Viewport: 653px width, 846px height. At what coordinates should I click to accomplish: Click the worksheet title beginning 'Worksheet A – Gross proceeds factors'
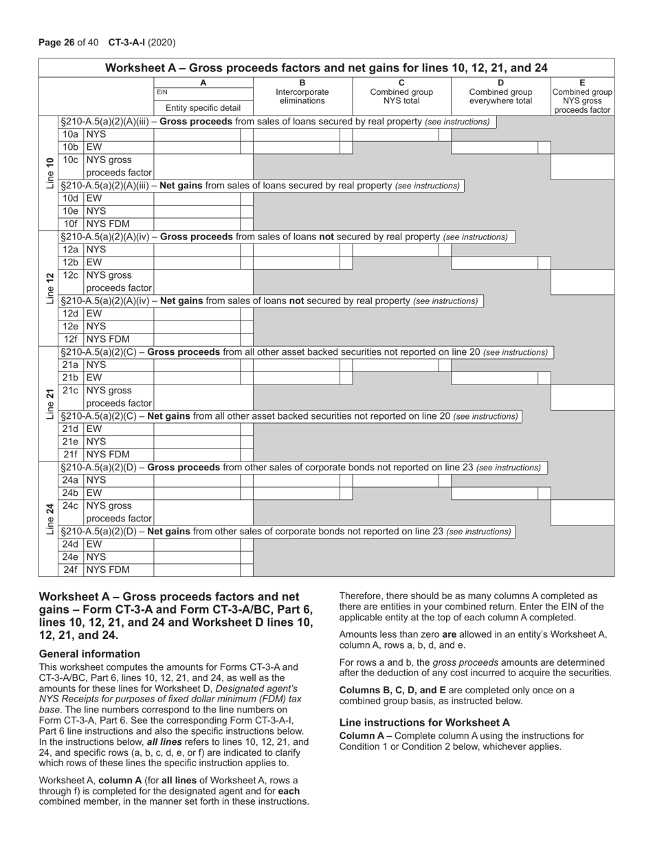click(x=326, y=67)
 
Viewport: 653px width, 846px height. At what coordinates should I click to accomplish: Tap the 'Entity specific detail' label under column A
click(x=203, y=108)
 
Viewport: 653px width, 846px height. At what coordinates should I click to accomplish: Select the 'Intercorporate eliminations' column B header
click(x=302, y=96)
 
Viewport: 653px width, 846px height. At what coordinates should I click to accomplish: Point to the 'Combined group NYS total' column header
click(x=401, y=96)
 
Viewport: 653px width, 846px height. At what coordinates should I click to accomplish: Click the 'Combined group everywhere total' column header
click(x=500, y=96)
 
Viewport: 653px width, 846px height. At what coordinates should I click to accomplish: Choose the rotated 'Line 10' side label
click(x=49, y=173)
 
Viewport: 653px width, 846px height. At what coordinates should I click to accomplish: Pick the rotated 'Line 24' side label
click(x=49, y=519)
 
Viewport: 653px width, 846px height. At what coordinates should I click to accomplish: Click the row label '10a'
click(x=70, y=135)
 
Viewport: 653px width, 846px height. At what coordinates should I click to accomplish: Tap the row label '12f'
click(x=70, y=339)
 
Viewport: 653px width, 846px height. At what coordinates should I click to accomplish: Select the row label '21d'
click(x=70, y=429)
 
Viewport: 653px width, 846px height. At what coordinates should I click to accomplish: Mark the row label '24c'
click(x=70, y=506)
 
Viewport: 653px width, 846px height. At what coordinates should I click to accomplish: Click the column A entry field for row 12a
click(x=197, y=250)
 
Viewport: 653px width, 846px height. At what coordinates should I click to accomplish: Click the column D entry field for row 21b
click(x=494, y=378)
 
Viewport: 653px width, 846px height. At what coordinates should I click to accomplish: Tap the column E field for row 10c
click(x=582, y=166)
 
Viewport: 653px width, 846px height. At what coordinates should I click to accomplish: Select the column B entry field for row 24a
click(x=296, y=481)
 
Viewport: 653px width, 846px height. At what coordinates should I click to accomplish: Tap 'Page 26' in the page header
click(x=56, y=43)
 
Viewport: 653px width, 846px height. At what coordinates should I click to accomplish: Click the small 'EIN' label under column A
click(x=162, y=91)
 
